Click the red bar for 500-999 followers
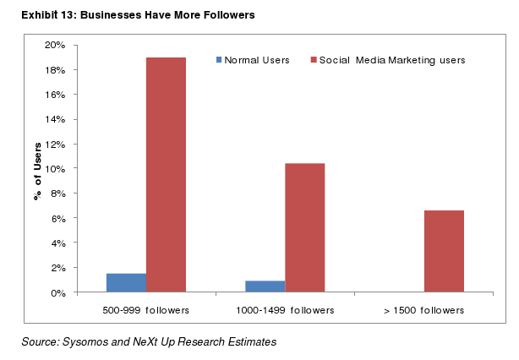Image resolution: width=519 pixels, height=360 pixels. click(x=166, y=175)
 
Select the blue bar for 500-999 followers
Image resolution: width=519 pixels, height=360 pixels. click(x=126, y=283)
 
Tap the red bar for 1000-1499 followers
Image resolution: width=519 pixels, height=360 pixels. click(x=304, y=227)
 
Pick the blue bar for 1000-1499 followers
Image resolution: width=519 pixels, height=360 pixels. click(x=265, y=286)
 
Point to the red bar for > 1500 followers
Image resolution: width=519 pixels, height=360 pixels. click(x=444, y=251)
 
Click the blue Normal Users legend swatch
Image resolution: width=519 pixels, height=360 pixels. click(x=220, y=60)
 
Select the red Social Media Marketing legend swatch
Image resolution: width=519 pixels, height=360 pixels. click(x=314, y=60)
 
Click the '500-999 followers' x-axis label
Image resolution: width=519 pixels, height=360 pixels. click(x=145, y=310)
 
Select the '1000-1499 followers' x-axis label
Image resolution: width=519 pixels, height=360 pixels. click(x=285, y=310)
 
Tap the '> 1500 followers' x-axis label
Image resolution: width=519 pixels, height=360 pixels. click(x=423, y=310)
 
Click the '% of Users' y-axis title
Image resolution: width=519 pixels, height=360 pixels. click(x=37, y=170)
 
